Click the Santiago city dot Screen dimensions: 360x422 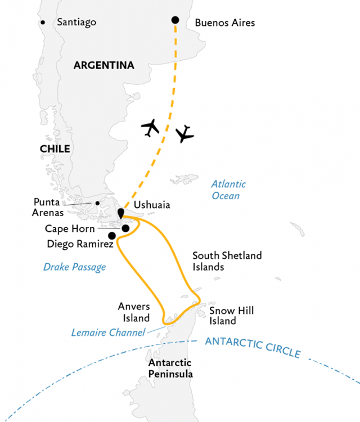43,23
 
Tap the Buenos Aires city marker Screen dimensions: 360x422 175,20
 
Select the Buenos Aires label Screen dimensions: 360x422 225,23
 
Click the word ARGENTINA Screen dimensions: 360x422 104,65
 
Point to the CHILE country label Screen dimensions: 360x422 55,149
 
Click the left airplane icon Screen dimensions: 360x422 150,128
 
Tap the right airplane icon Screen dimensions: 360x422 184,134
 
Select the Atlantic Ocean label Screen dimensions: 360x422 229,190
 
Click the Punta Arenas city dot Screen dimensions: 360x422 97,203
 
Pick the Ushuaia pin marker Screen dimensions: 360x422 121,213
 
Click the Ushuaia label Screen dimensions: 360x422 152,205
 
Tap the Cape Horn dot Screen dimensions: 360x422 125,228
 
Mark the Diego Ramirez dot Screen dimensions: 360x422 112,236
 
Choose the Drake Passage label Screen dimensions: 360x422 74,267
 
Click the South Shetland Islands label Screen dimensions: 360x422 227,261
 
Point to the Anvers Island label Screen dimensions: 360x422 134,312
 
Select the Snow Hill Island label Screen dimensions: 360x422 232,316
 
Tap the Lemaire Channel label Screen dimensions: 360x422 108,333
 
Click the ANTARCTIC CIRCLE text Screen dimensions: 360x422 253,348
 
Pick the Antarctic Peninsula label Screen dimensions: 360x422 170,369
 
